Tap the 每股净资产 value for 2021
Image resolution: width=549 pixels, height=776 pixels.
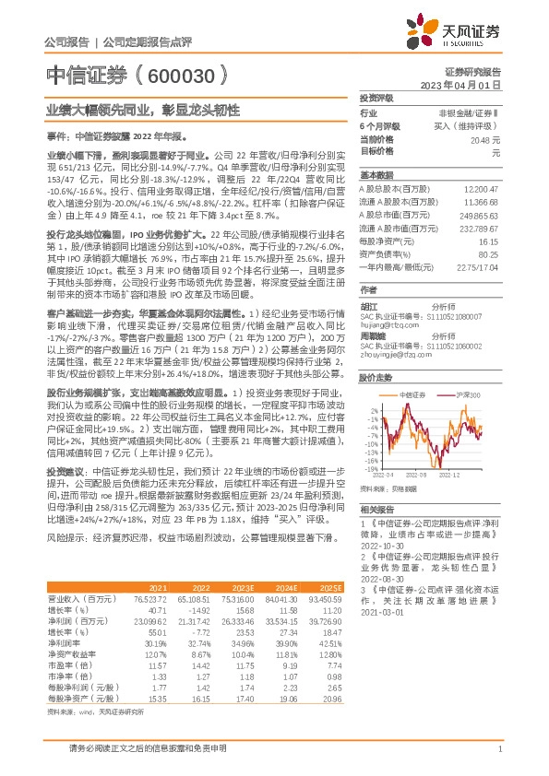coord(155,700)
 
